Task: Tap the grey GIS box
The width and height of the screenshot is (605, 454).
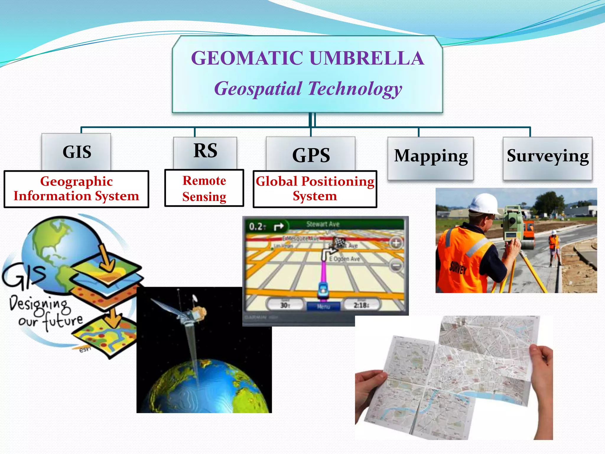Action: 77,152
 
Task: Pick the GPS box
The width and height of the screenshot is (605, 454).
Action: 311,155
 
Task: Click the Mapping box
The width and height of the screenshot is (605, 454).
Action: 431,157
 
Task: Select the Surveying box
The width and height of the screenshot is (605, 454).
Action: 547,157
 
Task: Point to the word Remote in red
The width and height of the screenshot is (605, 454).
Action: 204,181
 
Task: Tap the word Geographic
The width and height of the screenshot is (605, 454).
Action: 77,181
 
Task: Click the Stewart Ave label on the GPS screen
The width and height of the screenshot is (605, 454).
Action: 323,224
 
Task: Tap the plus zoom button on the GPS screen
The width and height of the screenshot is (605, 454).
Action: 396,243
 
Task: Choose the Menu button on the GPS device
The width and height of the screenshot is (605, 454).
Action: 323,306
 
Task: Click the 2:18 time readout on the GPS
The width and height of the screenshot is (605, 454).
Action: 361,305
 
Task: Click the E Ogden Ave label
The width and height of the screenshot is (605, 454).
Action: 344,259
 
